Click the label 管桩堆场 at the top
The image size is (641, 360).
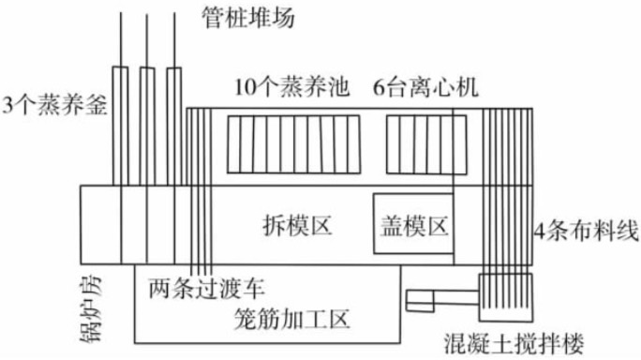click(x=246, y=15)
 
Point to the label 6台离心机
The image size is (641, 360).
click(x=426, y=89)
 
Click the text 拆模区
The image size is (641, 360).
click(x=299, y=225)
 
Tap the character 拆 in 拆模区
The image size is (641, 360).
click(x=273, y=225)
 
